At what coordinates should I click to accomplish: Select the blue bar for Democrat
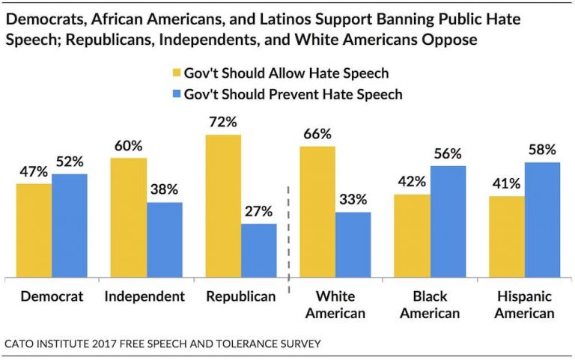click(70, 225)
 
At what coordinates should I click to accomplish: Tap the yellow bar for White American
click(317, 212)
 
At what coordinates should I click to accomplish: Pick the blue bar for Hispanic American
click(542, 219)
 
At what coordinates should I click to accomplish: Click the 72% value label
click(223, 121)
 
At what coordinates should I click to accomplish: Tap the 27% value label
click(258, 211)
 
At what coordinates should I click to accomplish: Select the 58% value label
click(542, 149)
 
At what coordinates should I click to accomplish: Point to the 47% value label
click(34, 171)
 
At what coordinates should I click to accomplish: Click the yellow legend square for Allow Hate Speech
click(177, 73)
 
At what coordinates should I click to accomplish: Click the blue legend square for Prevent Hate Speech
click(177, 94)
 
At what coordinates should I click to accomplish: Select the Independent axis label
click(144, 296)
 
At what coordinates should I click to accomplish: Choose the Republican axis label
click(241, 296)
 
